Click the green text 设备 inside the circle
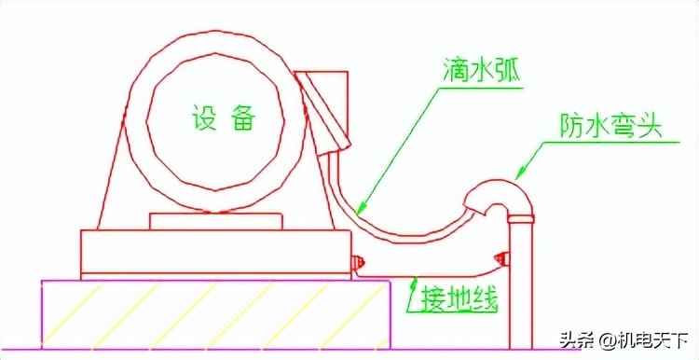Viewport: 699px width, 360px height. click(224, 118)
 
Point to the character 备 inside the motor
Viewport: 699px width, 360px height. click(244, 118)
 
